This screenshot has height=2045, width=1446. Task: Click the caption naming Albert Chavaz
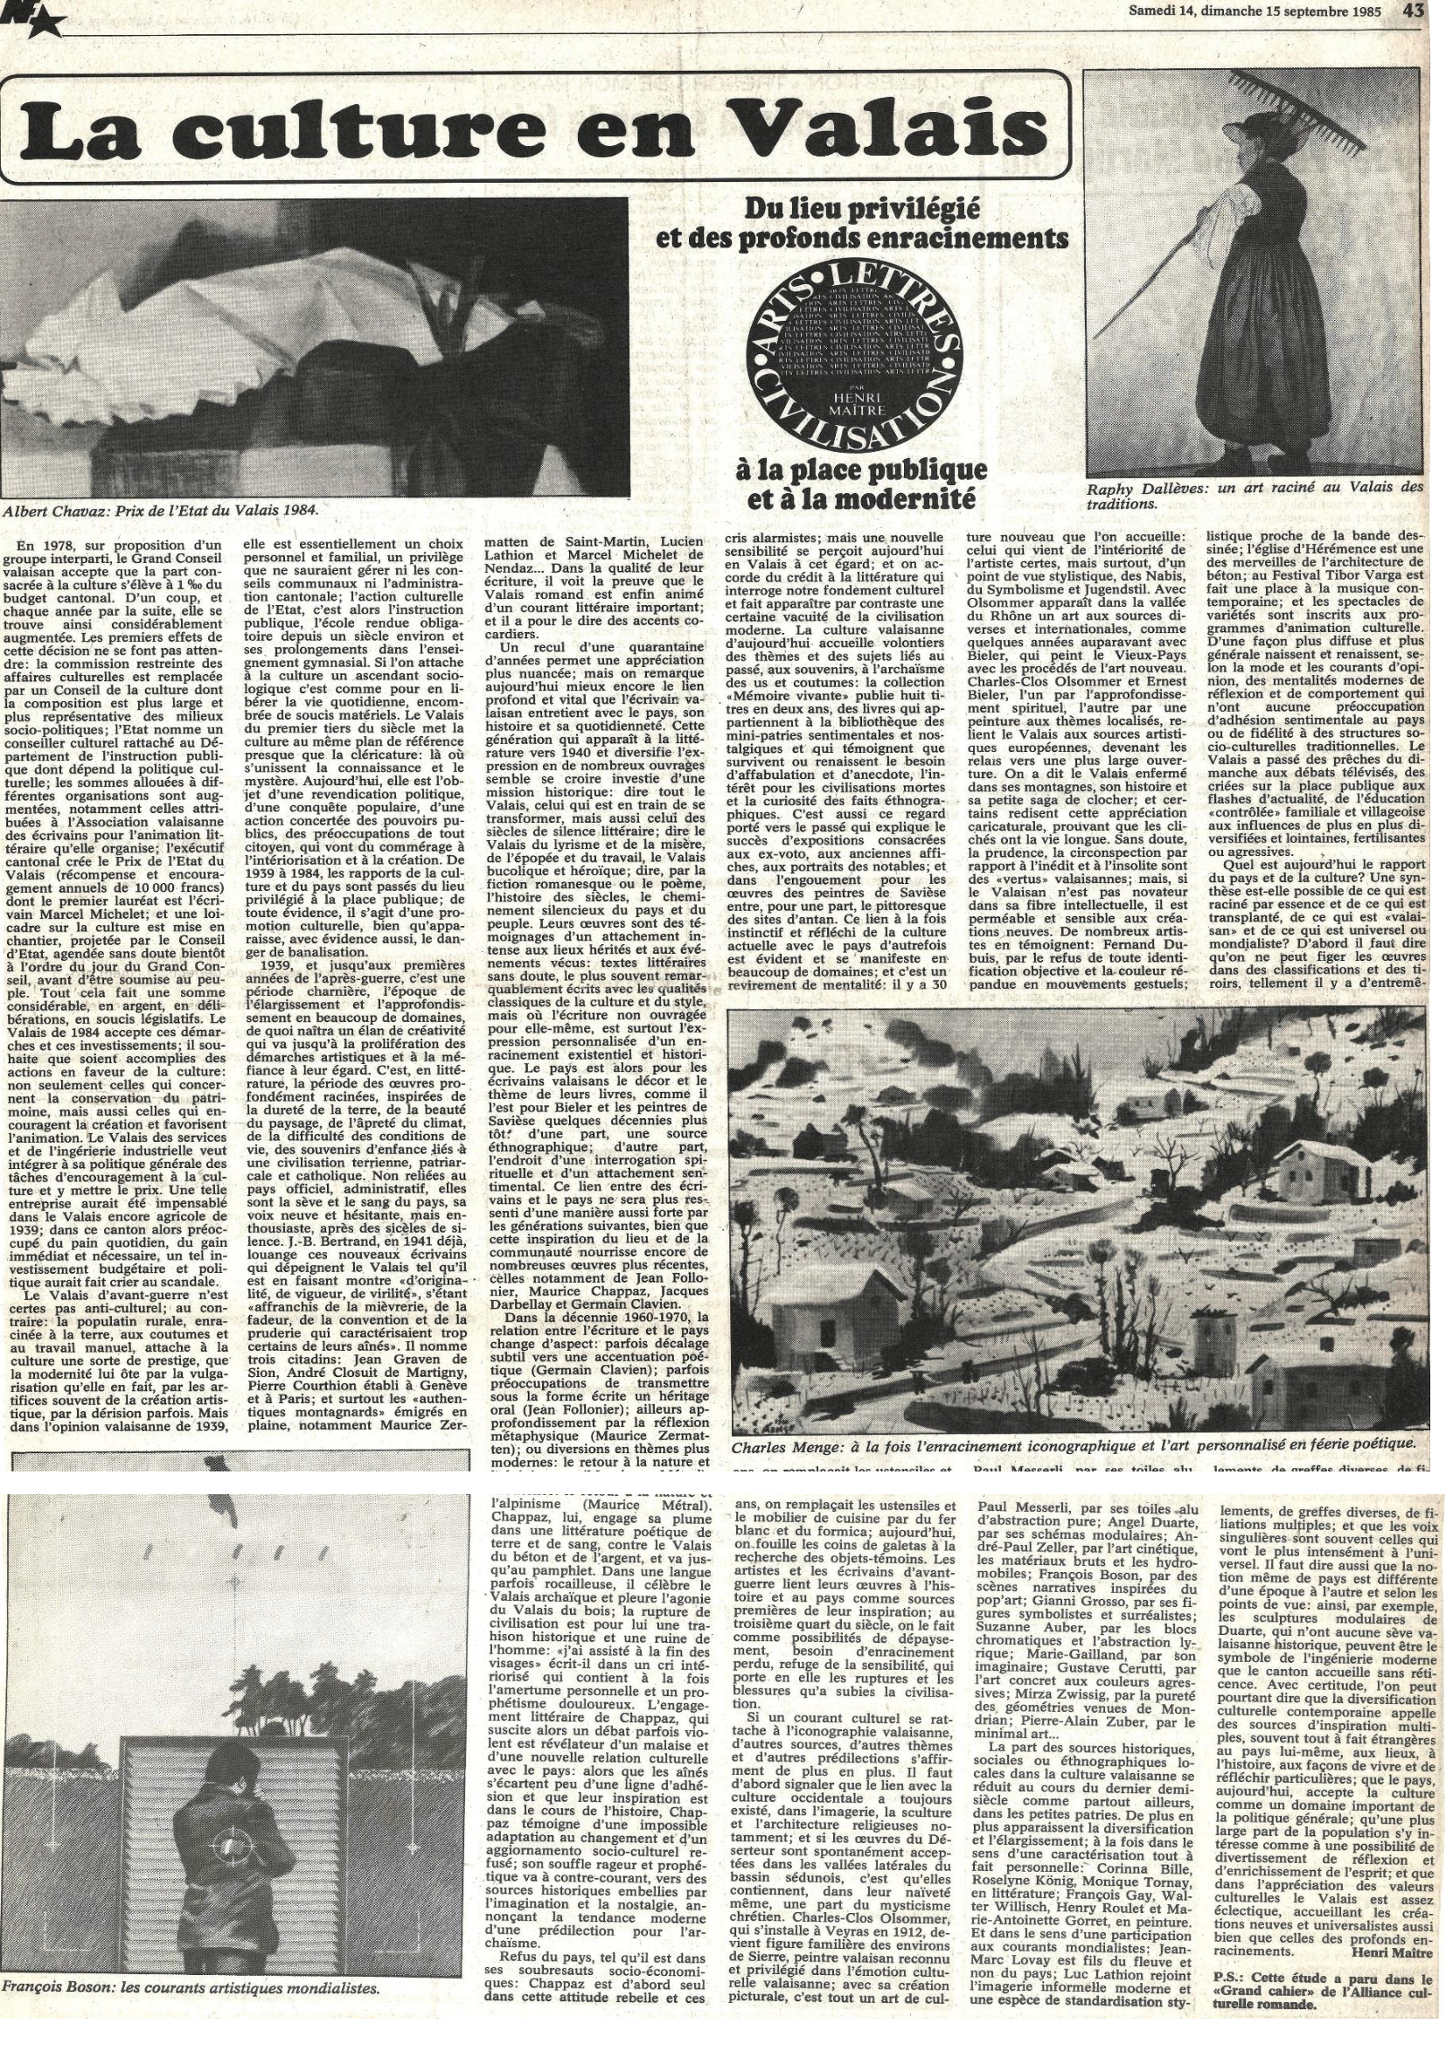(x=160, y=511)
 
